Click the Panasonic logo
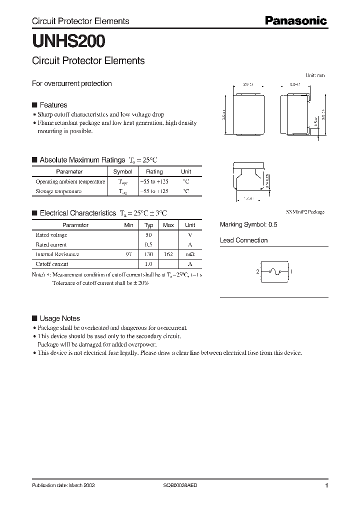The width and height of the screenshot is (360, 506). [x=295, y=20]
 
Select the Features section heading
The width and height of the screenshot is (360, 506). [x=53, y=105]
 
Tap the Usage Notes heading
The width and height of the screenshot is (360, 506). [x=59, y=318]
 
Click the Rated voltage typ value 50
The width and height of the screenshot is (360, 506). [x=148, y=235]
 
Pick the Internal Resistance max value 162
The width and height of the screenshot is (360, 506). [x=168, y=254]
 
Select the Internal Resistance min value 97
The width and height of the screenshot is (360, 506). [x=129, y=254]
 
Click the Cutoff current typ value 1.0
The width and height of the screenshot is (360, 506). [x=148, y=263]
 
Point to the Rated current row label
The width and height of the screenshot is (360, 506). [x=51, y=244]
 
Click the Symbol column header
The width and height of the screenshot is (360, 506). [x=123, y=171]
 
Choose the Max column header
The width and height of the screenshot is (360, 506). [x=168, y=225]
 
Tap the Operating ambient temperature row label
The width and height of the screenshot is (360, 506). [x=70, y=181]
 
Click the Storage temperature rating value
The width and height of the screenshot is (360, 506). [x=154, y=191]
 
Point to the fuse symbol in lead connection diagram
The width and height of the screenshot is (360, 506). [x=274, y=271]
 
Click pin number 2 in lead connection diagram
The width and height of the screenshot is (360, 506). [x=257, y=271]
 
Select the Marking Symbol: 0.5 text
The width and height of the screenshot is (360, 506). [x=248, y=225]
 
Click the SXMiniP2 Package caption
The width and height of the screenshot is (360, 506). [x=305, y=212]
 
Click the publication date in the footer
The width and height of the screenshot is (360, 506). [x=63, y=485]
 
